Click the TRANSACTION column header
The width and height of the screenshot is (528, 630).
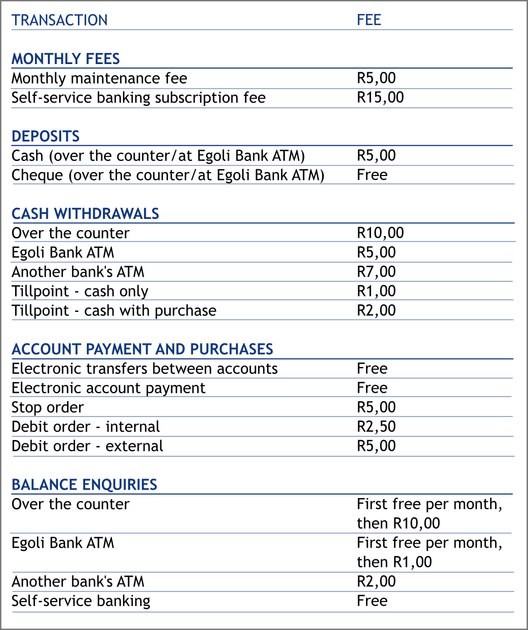[x=60, y=20]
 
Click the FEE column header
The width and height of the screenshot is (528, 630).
[x=369, y=20]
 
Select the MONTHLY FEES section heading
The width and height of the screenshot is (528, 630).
[x=66, y=58]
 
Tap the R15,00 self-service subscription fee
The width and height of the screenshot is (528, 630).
[x=380, y=97]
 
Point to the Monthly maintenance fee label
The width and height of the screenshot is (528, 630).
[x=99, y=78]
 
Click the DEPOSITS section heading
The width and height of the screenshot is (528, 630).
[x=46, y=136]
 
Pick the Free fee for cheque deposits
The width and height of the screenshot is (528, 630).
[x=372, y=174]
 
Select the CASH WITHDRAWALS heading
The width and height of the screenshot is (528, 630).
[x=85, y=213]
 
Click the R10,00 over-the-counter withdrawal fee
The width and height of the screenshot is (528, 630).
[x=380, y=233]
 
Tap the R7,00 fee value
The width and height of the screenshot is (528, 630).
[x=376, y=271]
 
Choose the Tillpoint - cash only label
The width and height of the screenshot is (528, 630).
[x=80, y=291]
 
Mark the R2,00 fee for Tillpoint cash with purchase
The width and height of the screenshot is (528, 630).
[x=376, y=310]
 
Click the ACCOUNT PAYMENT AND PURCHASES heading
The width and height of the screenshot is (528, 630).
[x=142, y=349]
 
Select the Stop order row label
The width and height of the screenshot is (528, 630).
[x=47, y=407]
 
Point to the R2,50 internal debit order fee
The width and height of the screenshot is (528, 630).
[x=376, y=427]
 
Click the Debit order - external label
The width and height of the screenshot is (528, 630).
[x=87, y=446]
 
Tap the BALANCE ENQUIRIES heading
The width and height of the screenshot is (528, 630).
[x=84, y=485]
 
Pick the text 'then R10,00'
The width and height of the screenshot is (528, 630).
[x=398, y=524]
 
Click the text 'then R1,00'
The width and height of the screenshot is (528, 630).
[x=394, y=562]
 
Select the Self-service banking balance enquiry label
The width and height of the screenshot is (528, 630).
[x=81, y=600]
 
